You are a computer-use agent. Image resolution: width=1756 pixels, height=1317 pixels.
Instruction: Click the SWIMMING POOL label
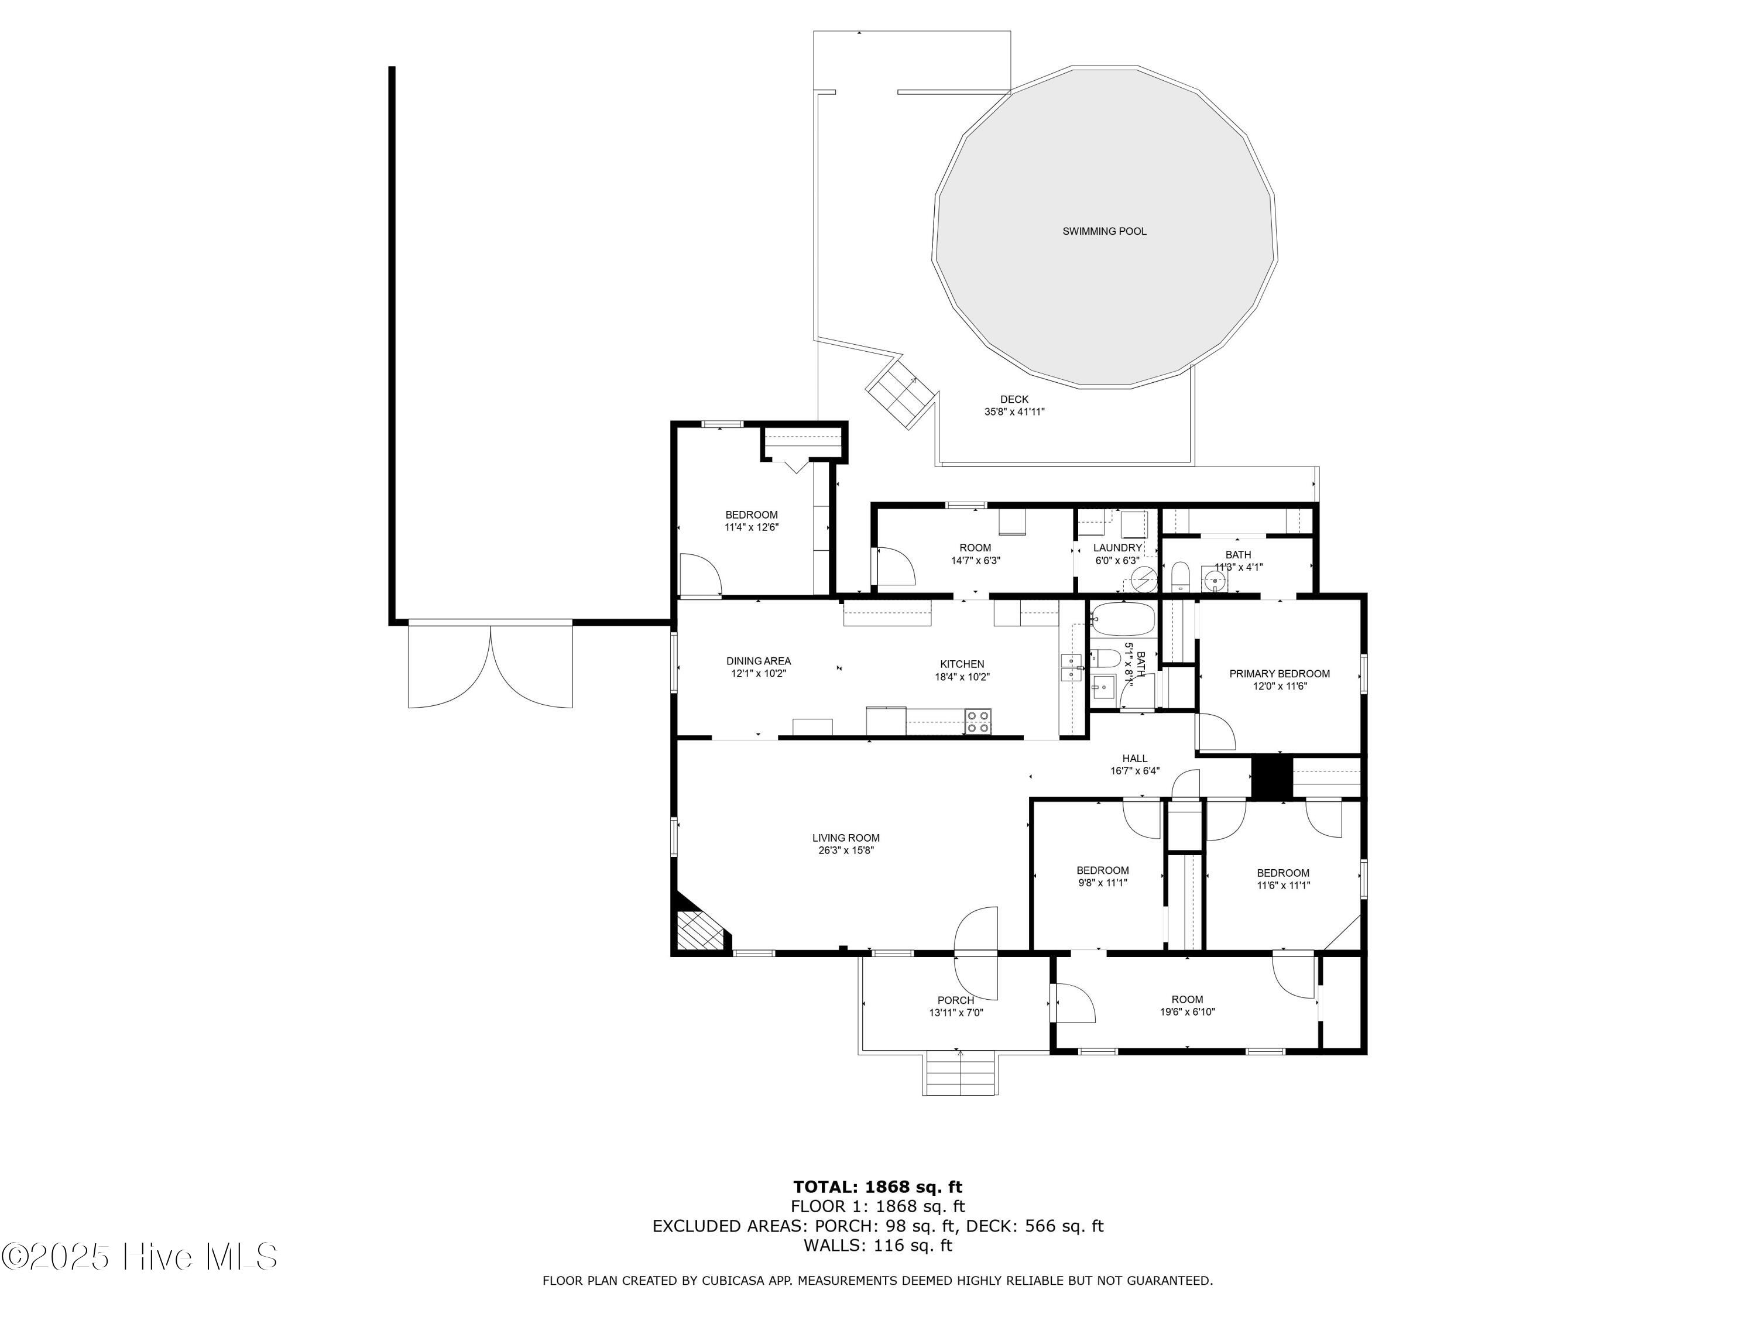1105,232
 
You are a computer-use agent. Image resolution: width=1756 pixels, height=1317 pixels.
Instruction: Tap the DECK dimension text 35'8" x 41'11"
1014,412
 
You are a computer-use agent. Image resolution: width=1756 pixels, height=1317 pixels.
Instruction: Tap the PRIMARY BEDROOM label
1279,674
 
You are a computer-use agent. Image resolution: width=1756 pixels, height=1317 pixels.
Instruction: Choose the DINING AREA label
758,660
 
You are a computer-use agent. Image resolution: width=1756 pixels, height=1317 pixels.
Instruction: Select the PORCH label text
955,1000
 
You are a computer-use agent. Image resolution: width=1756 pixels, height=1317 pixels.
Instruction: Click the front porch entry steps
960,1074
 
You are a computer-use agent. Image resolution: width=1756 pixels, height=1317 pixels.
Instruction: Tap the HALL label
1134,758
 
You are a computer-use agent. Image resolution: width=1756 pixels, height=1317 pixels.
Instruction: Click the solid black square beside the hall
1272,777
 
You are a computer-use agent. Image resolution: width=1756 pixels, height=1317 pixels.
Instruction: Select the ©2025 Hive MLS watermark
140,1257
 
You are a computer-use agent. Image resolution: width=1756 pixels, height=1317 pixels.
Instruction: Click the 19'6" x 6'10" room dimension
1187,1012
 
